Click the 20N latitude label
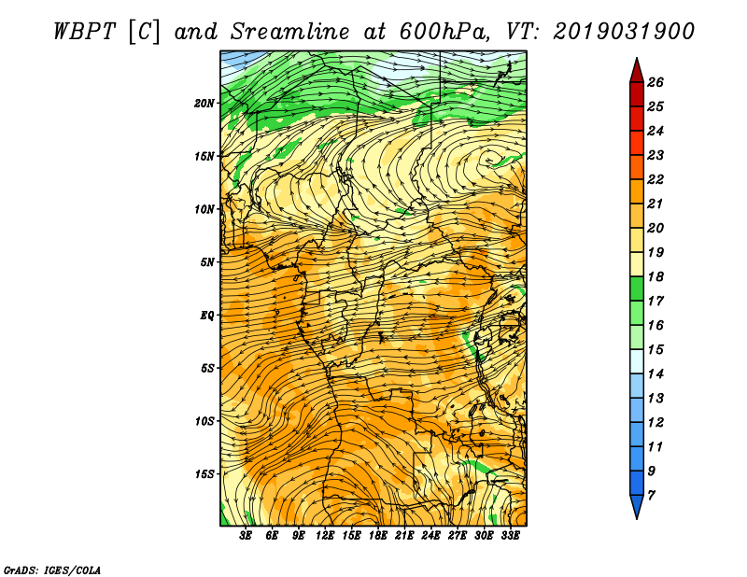pyautogui.click(x=204, y=104)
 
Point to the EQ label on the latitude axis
pyautogui.click(x=206, y=316)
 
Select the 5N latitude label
pyautogui.click(x=207, y=262)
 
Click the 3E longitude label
pyautogui.click(x=246, y=536)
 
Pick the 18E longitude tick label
pyautogui.click(x=377, y=536)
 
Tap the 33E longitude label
pyautogui.click(x=510, y=536)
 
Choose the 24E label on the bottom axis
pyautogui.click(x=430, y=536)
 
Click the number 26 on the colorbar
pyautogui.click(x=655, y=82)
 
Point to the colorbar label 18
pyautogui.click(x=655, y=276)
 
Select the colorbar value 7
pyautogui.click(x=651, y=496)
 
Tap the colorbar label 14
pyautogui.click(x=655, y=374)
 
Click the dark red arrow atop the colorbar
pyautogui.click(x=637, y=71)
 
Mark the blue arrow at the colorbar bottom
pyautogui.click(x=637, y=506)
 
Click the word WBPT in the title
pyautogui.click(x=84, y=32)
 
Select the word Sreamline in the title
pyautogui.click(x=289, y=32)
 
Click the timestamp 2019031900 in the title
pyautogui.click(x=624, y=32)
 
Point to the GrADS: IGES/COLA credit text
pyautogui.click(x=52, y=570)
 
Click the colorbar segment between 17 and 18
pyautogui.click(x=637, y=288)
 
